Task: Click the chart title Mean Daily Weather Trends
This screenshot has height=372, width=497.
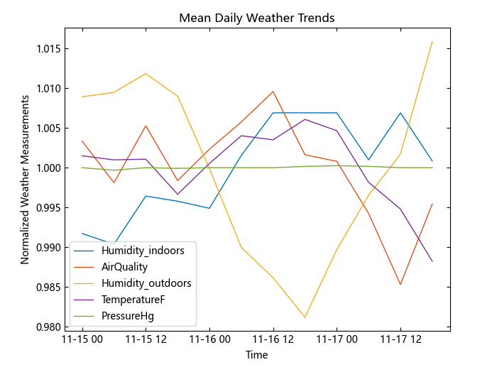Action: tap(256, 18)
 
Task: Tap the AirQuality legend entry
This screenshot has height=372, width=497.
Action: tap(125, 267)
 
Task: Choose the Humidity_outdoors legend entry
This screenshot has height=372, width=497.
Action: tap(146, 283)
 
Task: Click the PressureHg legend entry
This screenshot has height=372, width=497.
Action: tap(128, 316)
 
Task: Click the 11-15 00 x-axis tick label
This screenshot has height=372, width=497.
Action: tap(82, 340)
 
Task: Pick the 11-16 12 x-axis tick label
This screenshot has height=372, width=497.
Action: tap(273, 340)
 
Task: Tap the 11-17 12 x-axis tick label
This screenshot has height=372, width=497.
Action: tap(400, 340)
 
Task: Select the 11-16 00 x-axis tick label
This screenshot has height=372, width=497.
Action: tap(209, 340)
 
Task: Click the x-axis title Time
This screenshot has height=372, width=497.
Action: tap(256, 355)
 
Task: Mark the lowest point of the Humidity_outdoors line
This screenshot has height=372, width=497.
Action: tap(305, 317)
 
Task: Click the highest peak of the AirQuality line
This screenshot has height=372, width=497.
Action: tap(273, 91)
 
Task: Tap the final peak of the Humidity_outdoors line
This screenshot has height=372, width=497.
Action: tap(432, 41)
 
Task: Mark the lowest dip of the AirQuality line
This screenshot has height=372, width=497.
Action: tap(400, 285)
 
